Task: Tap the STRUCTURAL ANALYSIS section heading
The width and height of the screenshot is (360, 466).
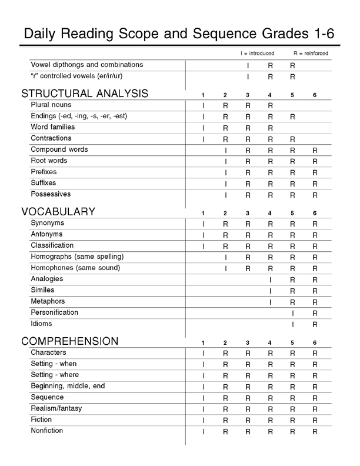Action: [85, 94]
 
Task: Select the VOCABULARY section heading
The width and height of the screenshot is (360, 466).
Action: [58, 212]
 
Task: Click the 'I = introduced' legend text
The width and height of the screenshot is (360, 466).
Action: [257, 54]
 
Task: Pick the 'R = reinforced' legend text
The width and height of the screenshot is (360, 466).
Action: [311, 54]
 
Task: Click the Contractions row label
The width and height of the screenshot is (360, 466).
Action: [51, 139]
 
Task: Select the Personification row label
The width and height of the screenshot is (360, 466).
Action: [54, 312]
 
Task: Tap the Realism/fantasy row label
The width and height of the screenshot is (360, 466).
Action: [56, 408]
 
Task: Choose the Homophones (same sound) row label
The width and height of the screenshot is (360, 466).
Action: [75, 268]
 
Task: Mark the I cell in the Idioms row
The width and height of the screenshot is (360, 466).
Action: [292, 324]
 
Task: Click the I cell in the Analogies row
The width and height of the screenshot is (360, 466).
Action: [270, 279]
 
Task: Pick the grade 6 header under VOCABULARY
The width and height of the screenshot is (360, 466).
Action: [315, 213]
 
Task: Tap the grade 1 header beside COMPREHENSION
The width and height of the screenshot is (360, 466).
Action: [203, 342]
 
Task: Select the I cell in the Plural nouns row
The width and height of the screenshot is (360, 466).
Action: [203, 106]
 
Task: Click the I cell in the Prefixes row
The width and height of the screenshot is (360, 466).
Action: [225, 173]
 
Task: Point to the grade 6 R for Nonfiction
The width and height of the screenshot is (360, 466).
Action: [315, 432]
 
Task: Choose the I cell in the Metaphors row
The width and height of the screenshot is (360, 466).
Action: [270, 302]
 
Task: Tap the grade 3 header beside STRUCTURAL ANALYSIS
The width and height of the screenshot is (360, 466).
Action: [248, 95]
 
